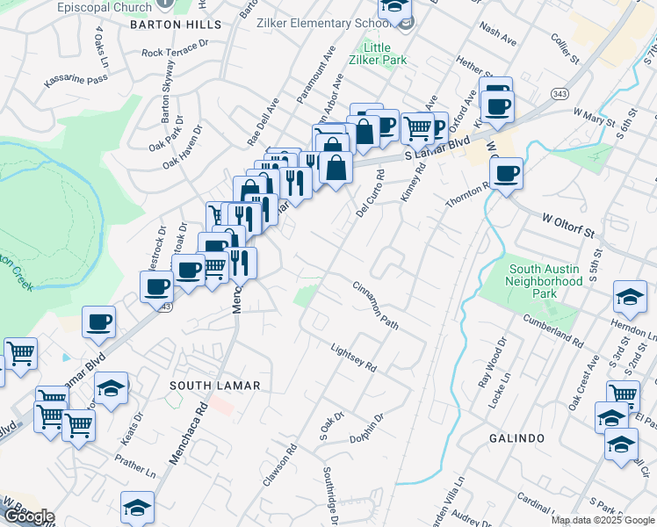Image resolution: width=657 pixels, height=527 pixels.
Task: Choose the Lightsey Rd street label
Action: click(353, 356)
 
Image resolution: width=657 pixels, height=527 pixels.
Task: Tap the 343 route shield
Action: click(559, 93)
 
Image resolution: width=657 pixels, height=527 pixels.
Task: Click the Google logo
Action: click(28, 516)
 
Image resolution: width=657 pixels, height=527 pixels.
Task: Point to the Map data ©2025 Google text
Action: click(603, 520)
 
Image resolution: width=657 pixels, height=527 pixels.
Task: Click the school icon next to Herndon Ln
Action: click(630, 298)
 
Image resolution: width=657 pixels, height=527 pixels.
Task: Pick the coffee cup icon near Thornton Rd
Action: click(505, 173)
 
